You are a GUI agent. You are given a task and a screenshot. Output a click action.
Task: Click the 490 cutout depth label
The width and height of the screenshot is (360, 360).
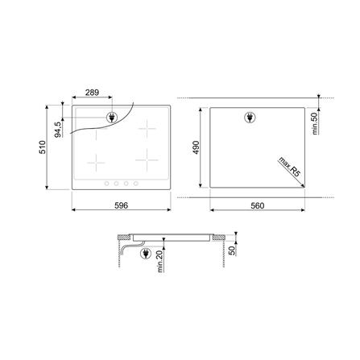pos(197,149)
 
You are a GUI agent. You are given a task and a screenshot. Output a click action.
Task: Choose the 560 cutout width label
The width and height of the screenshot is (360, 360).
pos(257,207)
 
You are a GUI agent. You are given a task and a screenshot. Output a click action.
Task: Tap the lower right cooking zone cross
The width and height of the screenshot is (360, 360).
pos(147,160)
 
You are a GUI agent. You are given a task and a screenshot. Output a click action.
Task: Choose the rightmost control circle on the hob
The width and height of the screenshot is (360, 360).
pos(134,184)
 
